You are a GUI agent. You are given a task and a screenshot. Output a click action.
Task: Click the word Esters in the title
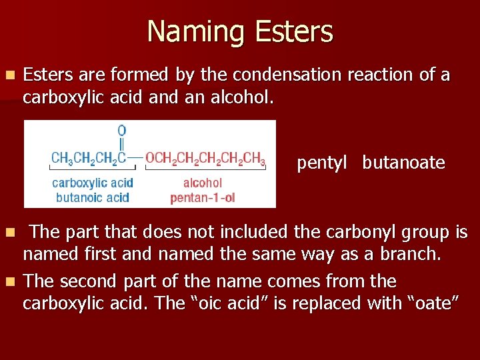pos(290,32)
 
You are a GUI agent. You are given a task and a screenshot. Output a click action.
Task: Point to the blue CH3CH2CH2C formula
pos(89,159)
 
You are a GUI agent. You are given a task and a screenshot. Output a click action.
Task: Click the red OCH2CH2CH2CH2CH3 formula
pos(205,159)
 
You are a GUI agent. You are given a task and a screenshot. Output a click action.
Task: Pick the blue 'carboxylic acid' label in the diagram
pos(93,183)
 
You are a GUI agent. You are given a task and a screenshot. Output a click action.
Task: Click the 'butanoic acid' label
pos(93,197)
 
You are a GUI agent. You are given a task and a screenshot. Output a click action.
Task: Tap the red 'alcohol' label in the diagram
pos(203,183)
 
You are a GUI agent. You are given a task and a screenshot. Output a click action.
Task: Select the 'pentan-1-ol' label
pos(203,197)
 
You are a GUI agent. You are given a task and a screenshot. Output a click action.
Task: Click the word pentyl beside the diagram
pos(322,163)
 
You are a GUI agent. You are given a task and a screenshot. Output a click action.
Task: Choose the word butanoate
pos(404,163)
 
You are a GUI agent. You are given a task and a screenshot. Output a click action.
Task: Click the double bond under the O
pos(121,144)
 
